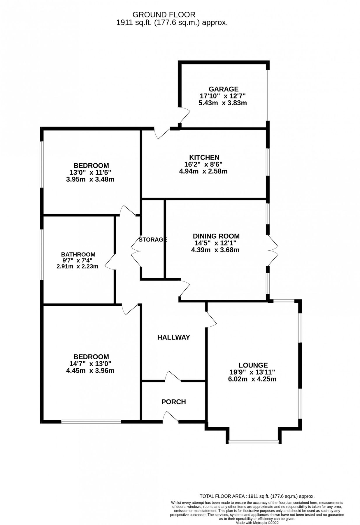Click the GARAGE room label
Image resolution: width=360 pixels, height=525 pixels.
pos(223,89)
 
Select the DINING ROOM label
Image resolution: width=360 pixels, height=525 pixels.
pos(216,236)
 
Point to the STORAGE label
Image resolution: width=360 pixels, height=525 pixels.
pos(153,240)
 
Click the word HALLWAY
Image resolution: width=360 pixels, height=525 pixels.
pos(173,337)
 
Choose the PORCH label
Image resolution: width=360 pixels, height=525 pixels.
pos(173,402)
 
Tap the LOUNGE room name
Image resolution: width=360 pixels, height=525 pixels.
pos(253,365)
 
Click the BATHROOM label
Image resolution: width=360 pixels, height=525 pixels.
pos(78,254)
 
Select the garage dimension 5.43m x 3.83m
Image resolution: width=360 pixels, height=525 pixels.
pos(222,103)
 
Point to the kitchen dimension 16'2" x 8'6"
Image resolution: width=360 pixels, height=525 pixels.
pos(203,164)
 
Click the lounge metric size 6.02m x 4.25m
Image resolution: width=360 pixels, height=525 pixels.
pos(252,379)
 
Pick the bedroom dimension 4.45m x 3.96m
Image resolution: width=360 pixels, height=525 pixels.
pos(90,371)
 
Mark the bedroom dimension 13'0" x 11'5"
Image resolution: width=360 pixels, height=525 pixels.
pos(90,172)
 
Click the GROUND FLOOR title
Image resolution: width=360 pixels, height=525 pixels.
pos(164,15)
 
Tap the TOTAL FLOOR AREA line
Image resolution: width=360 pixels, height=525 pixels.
pos(257,488)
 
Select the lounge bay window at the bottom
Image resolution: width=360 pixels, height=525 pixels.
pos(253,442)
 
